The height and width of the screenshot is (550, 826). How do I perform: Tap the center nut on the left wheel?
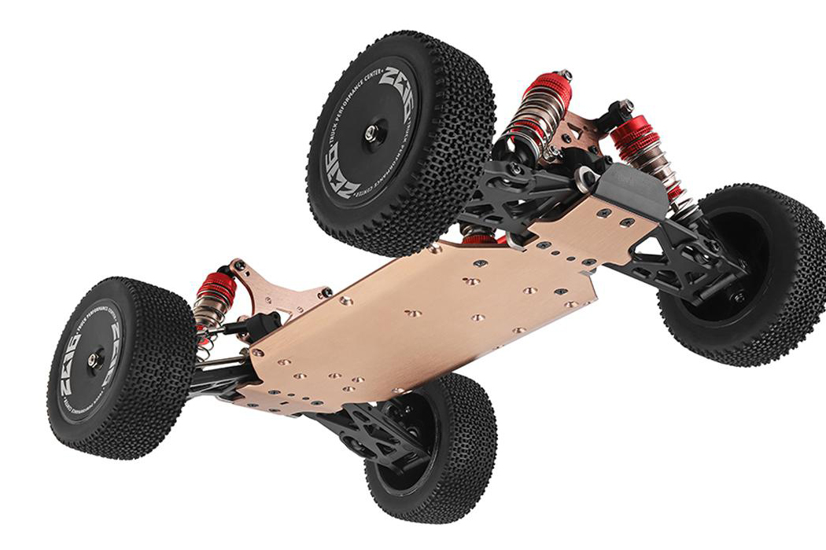(94, 360)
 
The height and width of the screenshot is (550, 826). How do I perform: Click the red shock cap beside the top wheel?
(544, 85)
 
